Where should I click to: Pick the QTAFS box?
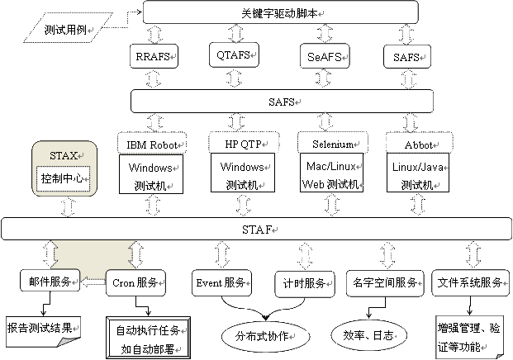pyautogui.click(x=235, y=55)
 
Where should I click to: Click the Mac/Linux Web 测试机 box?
pyautogui.click(x=330, y=173)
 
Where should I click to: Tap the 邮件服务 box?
pyautogui.click(x=50, y=281)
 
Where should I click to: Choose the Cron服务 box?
pyautogui.click(x=136, y=282)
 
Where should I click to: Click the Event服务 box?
pyautogui.click(x=221, y=282)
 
